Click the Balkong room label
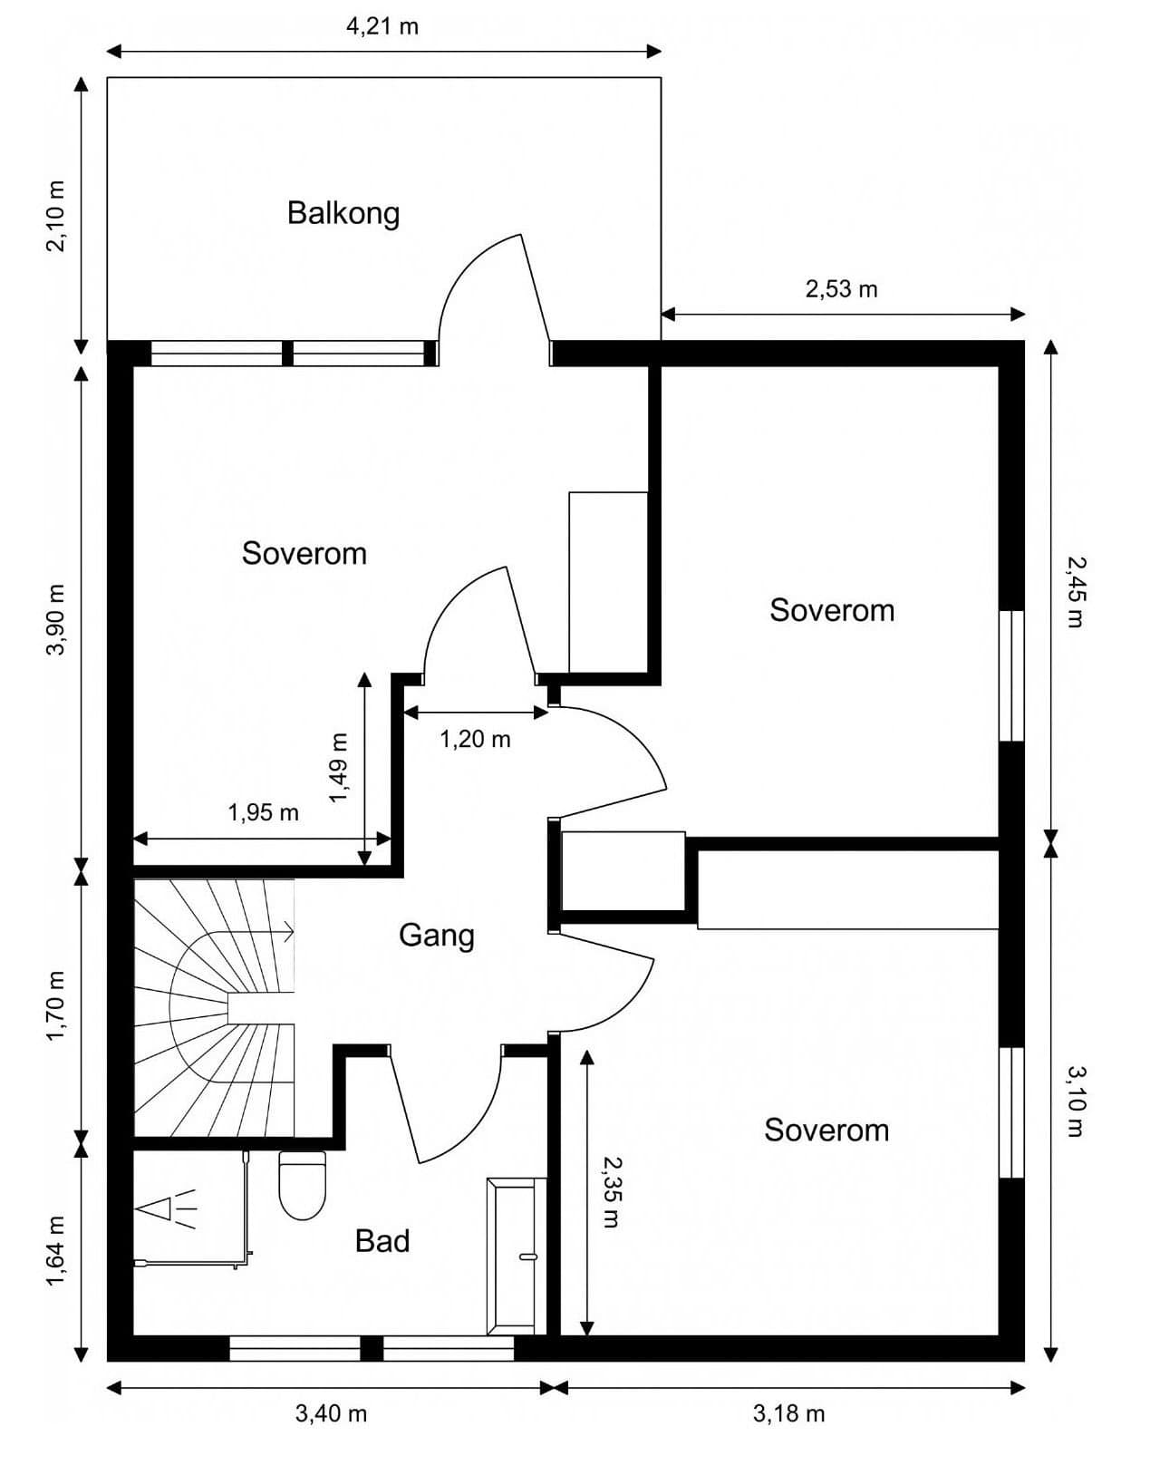click(x=343, y=214)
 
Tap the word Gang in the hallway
click(x=437, y=936)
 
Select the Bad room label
click(x=382, y=1240)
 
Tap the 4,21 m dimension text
click(x=382, y=26)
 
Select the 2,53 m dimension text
click(x=841, y=289)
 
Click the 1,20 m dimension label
click(x=475, y=739)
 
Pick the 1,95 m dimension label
click(x=263, y=812)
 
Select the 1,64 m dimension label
click(x=55, y=1252)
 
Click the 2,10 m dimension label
click(x=55, y=217)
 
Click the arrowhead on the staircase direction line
click(x=291, y=931)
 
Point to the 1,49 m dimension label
click(x=338, y=768)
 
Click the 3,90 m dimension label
click(x=55, y=619)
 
